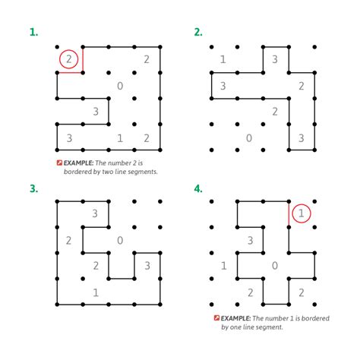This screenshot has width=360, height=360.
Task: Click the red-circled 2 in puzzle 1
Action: (x=68, y=59)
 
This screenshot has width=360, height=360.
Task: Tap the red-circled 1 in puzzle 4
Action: (x=302, y=214)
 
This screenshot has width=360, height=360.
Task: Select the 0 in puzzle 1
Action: (x=120, y=86)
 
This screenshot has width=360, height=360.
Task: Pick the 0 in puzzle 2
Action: (x=249, y=137)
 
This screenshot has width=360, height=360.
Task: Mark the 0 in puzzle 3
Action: (x=120, y=241)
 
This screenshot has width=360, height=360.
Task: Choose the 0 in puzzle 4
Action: (x=275, y=265)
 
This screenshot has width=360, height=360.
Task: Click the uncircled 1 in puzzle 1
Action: (x=120, y=137)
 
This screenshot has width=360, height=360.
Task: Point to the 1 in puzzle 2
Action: (x=223, y=59)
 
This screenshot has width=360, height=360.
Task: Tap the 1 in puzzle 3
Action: (x=95, y=292)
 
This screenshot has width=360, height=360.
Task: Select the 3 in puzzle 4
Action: (x=249, y=241)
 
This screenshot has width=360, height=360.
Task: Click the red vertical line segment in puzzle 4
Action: (x=289, y=214)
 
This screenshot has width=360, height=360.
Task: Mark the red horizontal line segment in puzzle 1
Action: (x=70, y=73)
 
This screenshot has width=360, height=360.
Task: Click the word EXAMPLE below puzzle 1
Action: (x=80, y=163)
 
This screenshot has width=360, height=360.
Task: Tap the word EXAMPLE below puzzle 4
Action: (x=235, y=318)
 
